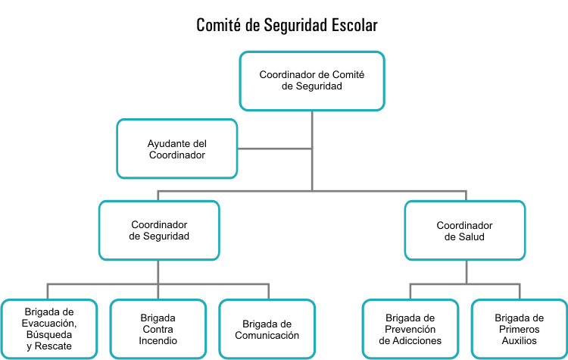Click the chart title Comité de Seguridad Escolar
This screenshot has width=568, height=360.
click(287, 25)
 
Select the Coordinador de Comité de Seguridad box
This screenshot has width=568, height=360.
click(312, 80)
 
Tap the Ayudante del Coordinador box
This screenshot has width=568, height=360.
click(176, 149)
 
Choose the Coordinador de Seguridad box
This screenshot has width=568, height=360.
click(159, 230)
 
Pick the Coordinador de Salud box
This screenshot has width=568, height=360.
click(464, 230)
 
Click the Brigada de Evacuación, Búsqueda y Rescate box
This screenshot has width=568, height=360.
click(49, 329)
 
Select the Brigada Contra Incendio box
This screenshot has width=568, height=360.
click(158, 329)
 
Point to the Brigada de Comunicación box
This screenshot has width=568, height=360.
click(267, 329)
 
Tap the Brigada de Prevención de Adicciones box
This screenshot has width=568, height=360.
click(410, 329)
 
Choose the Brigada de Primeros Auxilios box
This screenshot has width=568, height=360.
click(519, 329)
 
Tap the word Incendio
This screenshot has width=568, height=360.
click(158, 341)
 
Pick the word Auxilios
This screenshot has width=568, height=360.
click(519, 341)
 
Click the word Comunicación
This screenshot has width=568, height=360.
click(267, 335)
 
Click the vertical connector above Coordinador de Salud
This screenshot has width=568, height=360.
click(466, 196)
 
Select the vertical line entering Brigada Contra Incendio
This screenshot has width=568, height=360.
click(158, 292)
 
